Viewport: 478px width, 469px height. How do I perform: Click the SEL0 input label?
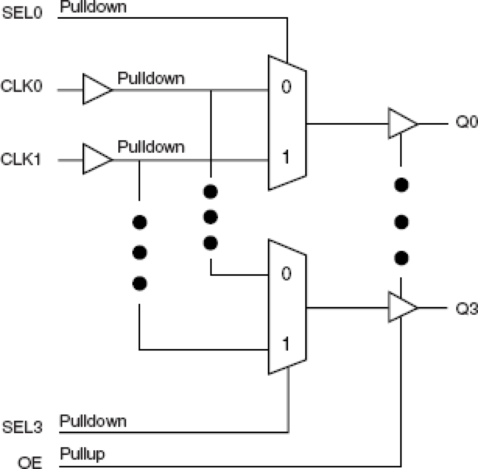point(22,13)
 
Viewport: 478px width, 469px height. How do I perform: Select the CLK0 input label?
point(22,86)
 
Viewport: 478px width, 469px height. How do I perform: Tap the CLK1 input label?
point(21,159)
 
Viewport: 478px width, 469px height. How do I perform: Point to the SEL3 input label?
point(22,427)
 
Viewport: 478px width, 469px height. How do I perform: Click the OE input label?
point(30,462)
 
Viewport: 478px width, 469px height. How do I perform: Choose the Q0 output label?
point(466,122)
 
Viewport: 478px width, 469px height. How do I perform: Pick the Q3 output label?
point(466,308)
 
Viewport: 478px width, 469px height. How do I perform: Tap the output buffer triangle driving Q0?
point(401,123)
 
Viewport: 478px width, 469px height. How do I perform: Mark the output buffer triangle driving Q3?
point(401,307)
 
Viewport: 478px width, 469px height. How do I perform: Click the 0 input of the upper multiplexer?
point(286,87)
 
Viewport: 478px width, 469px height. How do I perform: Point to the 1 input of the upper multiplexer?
point(286,157)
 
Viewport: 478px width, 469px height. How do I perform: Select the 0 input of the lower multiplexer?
point(286,274)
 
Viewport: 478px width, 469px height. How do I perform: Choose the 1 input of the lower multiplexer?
point(286,344)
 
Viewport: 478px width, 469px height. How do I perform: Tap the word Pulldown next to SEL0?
point(93,7)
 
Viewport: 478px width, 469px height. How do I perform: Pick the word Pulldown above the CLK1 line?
point(151,147)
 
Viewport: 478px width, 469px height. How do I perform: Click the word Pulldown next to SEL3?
point(93,421)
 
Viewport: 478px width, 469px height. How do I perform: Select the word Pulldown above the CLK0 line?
point(151,78)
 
